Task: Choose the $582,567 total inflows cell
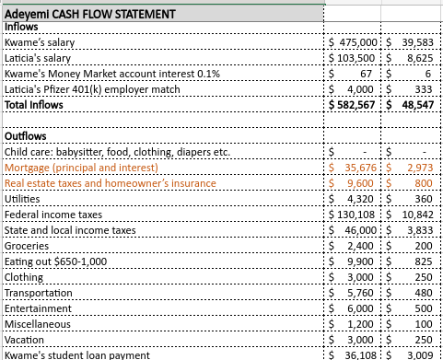tap(354, 105)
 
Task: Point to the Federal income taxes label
tap(54, 214)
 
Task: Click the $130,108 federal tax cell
tap(356, 214)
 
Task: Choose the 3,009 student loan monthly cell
tap(419, 354)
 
